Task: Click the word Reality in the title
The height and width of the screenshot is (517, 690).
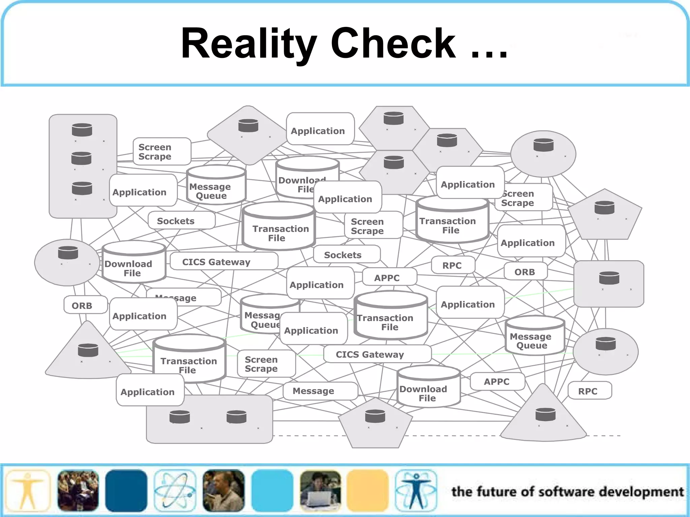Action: (249, 44)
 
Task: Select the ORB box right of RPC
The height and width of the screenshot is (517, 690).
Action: (525, 272)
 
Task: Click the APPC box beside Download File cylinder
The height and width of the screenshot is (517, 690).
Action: (497, 381)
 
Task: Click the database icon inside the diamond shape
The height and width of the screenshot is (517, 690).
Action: (248, 126)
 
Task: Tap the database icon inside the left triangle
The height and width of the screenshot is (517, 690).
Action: (88, 350)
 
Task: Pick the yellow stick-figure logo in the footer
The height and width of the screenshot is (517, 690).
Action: (28, 491)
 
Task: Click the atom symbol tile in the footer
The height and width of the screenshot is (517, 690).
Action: (175, 491)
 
